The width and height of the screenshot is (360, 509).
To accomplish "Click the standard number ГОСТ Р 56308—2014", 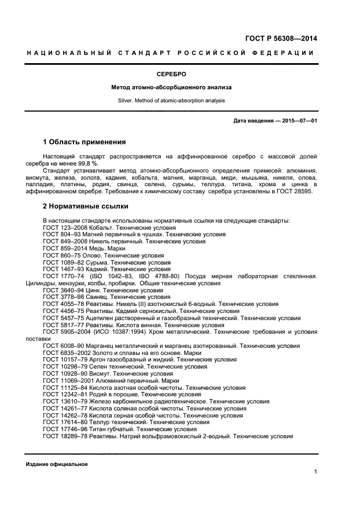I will click(280, 39).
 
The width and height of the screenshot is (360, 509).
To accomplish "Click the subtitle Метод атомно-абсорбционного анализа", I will click(172, 87).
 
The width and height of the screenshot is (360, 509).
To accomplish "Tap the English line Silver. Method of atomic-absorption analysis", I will click(172, 100).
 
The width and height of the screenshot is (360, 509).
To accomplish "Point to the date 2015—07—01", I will click(300, 121).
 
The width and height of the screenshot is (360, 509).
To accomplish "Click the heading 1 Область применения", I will click(84, 142).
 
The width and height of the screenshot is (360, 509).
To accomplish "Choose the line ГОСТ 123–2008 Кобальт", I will click(109, 227).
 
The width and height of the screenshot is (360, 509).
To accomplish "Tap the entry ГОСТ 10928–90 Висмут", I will click(108, 373).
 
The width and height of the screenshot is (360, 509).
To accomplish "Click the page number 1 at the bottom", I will click(315, 472).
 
